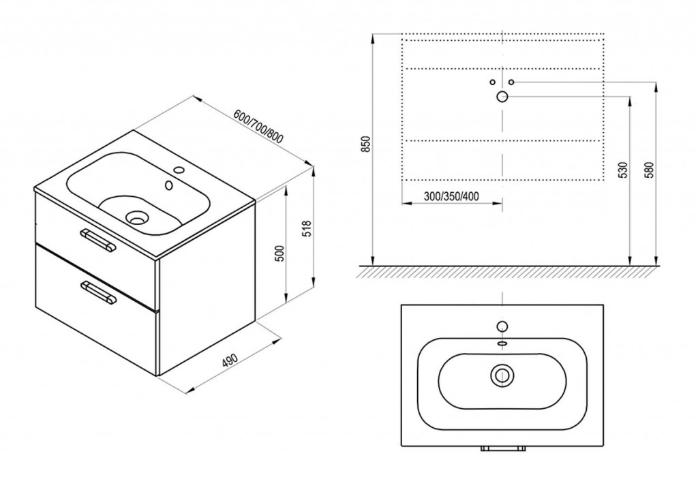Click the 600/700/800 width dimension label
pos(258,127)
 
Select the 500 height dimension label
pos(279,253)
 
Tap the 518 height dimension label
pos(306,228)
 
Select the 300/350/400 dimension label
pos(451,196)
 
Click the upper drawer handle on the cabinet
pos(97,241)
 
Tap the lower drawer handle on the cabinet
pos(98,292)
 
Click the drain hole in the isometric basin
pos(136,217)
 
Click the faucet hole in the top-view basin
pos(502,326)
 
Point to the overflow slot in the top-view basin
pos(502,343)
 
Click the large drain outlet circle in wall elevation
pos(502,96)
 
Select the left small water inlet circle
pos(492,82)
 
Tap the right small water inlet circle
pos(511,82)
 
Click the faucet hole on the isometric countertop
pos(179,170)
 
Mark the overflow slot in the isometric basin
pos(169,185)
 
